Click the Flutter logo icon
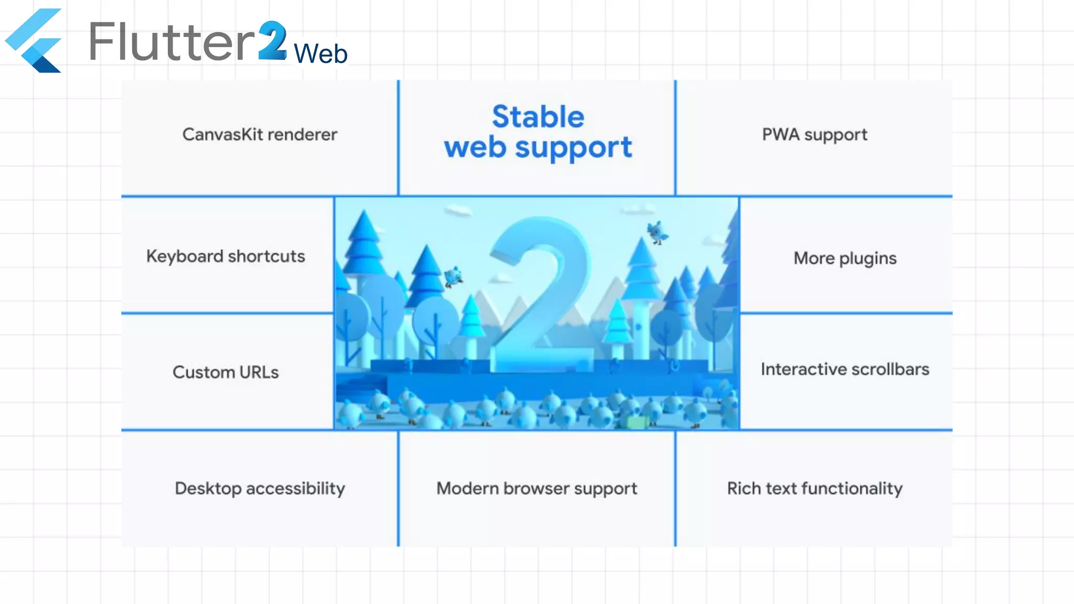[34, 40]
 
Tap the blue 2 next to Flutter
[273, 41]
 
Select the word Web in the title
[320, 53]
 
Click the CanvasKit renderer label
[260, 135]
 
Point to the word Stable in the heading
[538, 116]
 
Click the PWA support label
[814, 135]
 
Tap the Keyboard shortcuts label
[225, 256]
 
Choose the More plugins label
[845, 258]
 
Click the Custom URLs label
[225, 372]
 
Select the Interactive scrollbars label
[845, 370]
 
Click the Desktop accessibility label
[260, 489]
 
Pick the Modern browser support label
[536, 489]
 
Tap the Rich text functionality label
[814, 489]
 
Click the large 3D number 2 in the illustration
[540, 294]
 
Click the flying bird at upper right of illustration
[657, 232]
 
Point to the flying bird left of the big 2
[453, 276]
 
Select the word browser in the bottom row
[536, 489]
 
